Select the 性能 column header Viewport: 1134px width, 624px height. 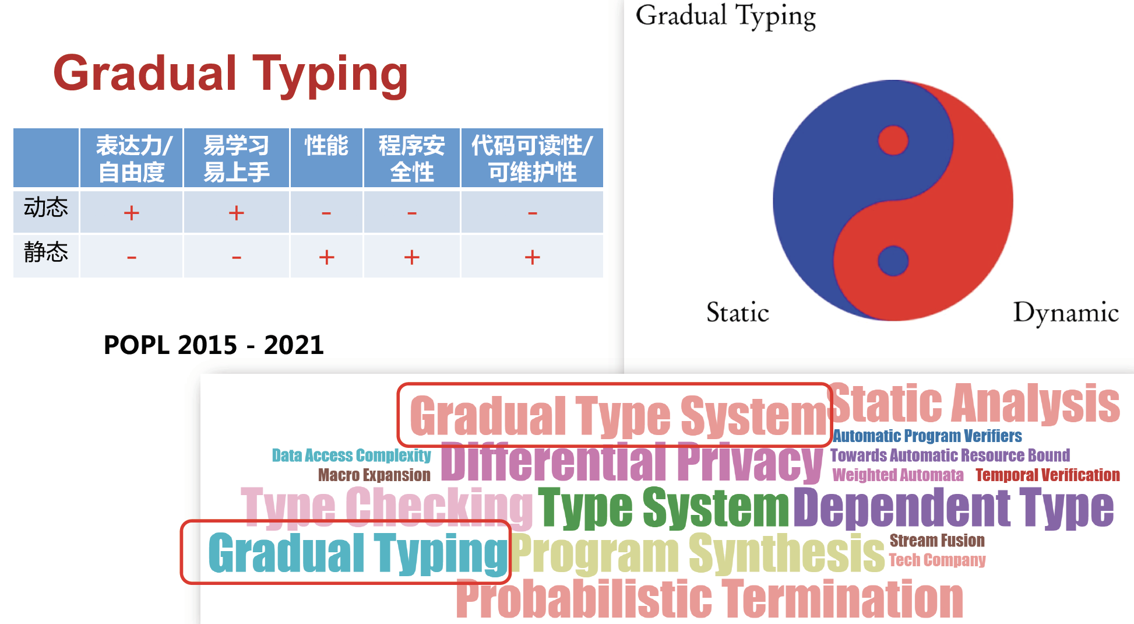[326, 145]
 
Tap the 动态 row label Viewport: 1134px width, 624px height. [45, 207]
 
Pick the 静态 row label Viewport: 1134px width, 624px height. [45, 252]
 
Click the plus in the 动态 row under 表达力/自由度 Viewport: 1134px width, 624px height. [132, 213]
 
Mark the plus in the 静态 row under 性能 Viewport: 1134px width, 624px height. [327, 257]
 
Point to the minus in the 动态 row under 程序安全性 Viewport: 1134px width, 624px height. [412, 213]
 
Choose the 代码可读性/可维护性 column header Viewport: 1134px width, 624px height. [532, 159]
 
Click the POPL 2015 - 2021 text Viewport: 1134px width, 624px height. [213, 345]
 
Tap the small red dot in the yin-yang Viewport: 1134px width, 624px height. [893, 141]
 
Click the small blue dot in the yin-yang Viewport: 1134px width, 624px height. [893, 261]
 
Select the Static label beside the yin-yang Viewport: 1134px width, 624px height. [738, 312]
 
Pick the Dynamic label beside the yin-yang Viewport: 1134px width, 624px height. [1066, 313]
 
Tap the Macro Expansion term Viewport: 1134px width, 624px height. [374, 475]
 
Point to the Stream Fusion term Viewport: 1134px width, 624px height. [937, 541]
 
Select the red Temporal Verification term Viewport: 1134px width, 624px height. [1048, 475]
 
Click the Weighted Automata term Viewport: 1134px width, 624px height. [898, 475]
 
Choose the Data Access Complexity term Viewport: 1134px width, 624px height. [351, 455]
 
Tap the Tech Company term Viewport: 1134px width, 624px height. [937, 560]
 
